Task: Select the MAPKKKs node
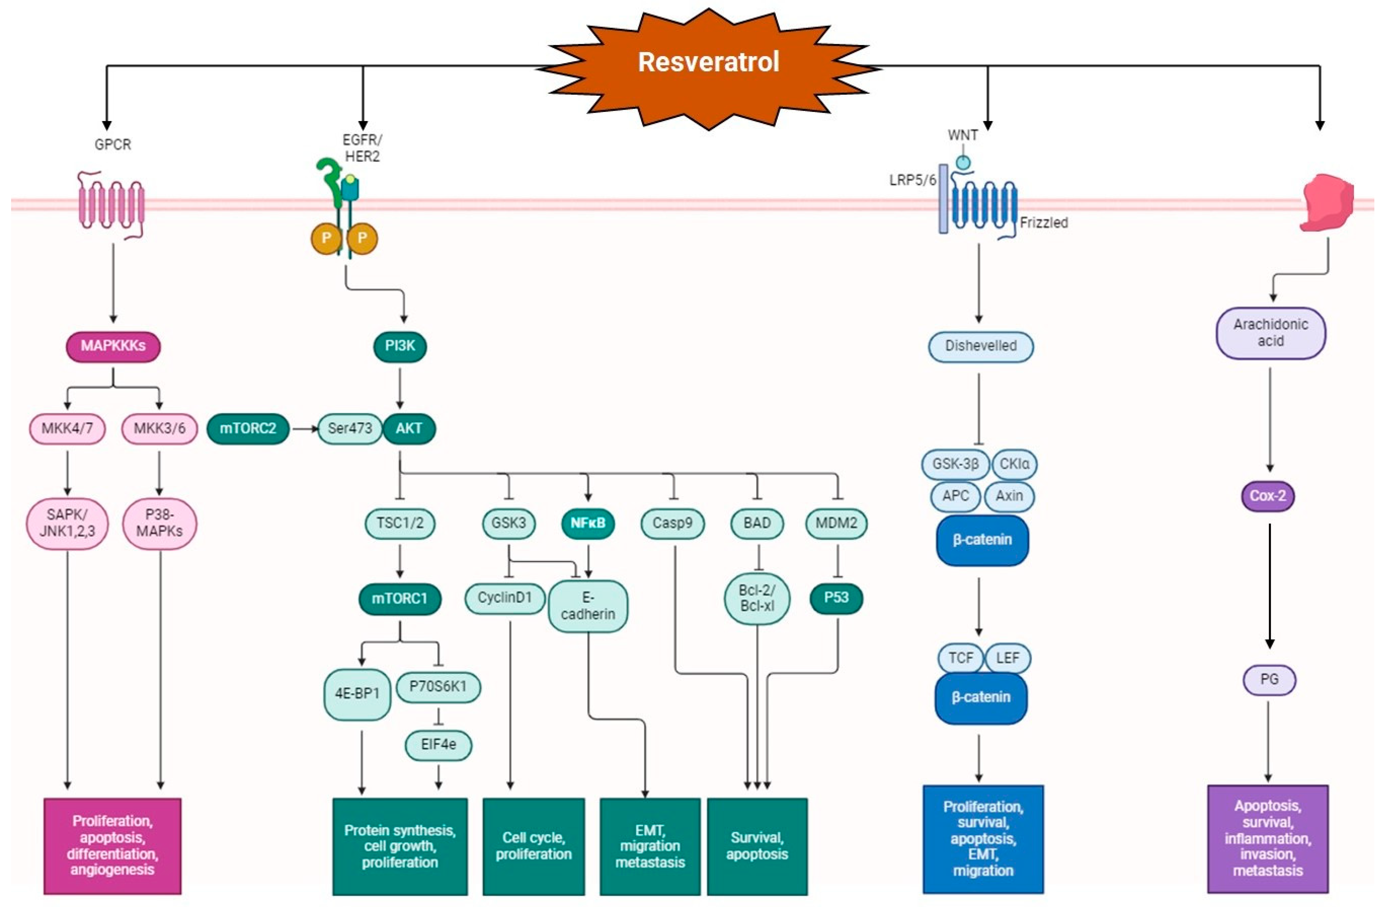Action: [113, 346]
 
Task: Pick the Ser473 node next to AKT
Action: [349, 429]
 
